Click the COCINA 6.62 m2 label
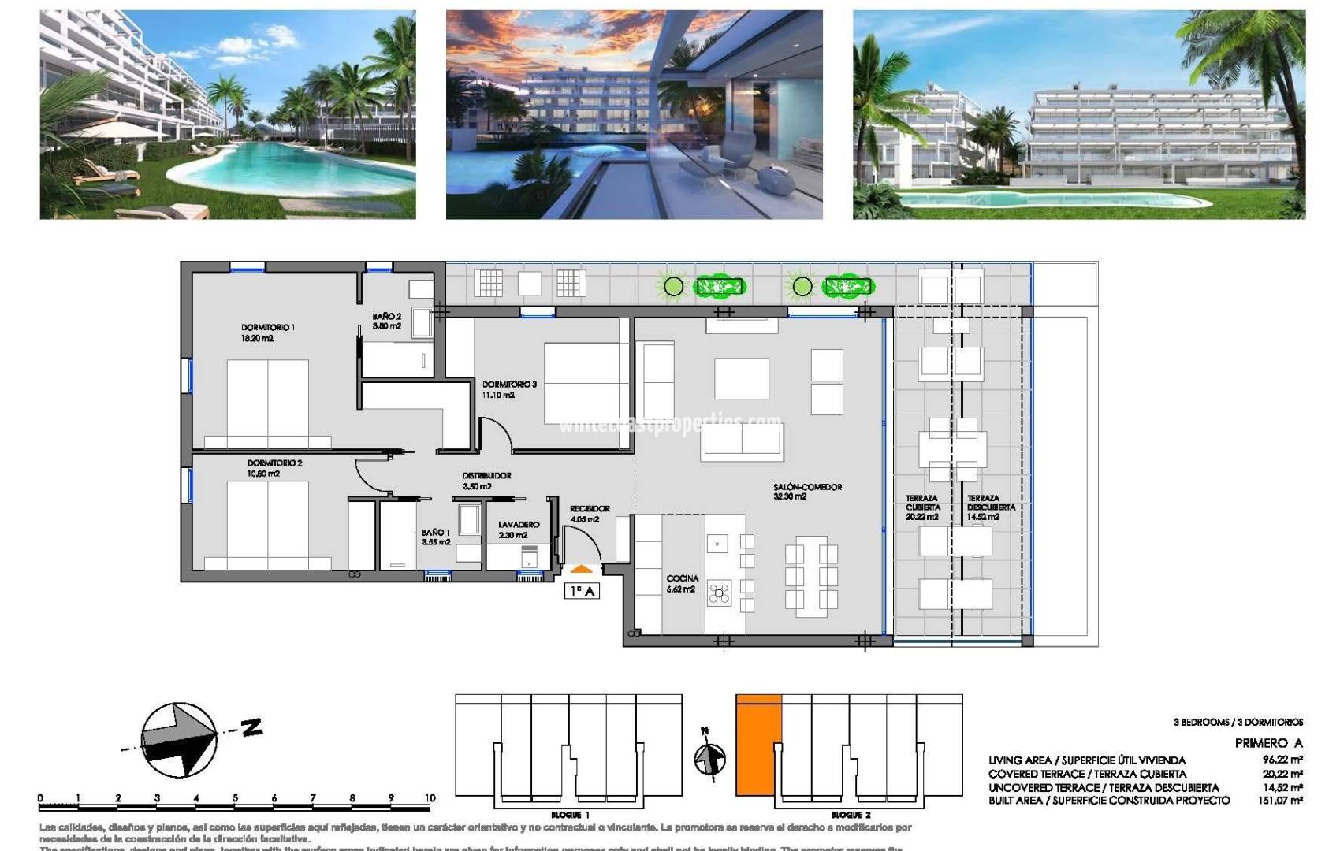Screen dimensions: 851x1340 [682, 583]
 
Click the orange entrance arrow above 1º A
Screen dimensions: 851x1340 [581, 569]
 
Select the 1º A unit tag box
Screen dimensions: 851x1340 [582, 591]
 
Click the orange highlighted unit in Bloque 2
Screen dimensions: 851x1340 [757, 745]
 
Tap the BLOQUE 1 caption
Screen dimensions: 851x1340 [570, 815]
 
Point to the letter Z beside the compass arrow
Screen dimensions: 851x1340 [251, 727]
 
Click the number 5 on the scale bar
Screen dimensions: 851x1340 [235, 798]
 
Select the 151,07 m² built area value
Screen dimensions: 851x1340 [1280, 801]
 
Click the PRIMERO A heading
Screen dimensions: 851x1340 [1268, 743]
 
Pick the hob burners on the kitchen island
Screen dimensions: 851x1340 [719, 593]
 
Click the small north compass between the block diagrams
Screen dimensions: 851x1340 [709, 758]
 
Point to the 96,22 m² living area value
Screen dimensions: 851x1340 [1282, 760]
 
